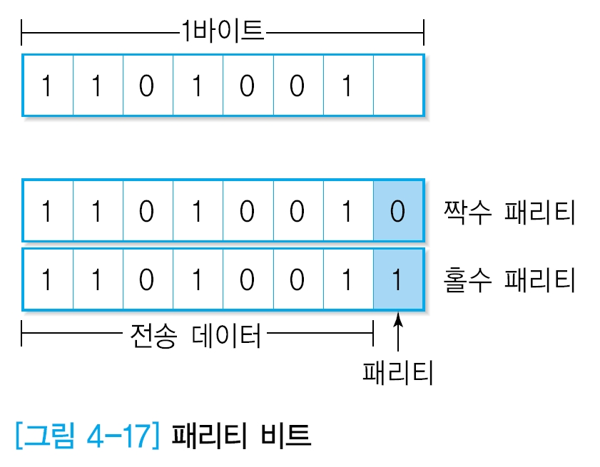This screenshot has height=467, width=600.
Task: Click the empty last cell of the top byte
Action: point(398,85)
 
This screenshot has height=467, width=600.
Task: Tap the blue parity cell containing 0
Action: point(398,211)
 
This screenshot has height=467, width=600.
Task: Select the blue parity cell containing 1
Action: point(398,279)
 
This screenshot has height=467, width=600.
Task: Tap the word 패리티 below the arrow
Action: point(397,371)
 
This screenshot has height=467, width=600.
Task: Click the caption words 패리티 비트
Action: point(242,434)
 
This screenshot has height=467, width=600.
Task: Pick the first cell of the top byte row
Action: point(47,85)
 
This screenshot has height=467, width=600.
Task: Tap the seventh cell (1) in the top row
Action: point(347,85)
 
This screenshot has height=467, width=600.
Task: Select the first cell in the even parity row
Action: point(47,211)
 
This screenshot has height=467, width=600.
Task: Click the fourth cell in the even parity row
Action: point(198,211)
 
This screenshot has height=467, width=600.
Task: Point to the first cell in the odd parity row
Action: point(47,279)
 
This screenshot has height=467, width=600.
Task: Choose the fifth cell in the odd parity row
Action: point(248,279)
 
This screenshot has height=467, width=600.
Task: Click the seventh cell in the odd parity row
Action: point(347,279)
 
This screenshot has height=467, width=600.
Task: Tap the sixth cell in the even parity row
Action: point(298,211)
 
